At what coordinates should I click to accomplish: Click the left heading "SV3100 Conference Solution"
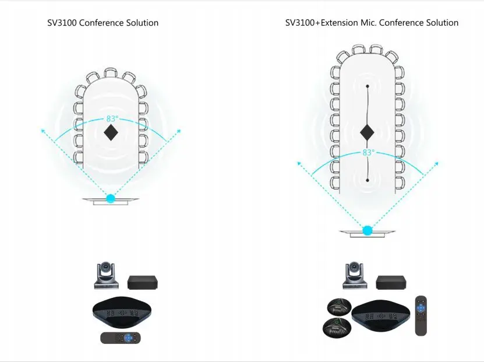103,23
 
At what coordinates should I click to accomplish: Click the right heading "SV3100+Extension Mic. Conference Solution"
372,23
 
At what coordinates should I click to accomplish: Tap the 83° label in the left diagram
112,119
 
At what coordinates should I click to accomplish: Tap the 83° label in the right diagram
368,153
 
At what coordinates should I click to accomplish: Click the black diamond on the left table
111,133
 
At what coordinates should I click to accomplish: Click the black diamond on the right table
367,132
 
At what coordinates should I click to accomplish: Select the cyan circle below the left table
111,199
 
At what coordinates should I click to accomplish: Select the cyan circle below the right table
368,230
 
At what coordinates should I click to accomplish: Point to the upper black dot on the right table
367,86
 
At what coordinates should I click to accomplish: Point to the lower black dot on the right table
367,181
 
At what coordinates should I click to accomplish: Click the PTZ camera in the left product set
106,276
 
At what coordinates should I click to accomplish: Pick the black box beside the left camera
143,282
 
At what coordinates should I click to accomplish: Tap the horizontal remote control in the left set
121,337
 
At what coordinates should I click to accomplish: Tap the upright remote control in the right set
421,315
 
